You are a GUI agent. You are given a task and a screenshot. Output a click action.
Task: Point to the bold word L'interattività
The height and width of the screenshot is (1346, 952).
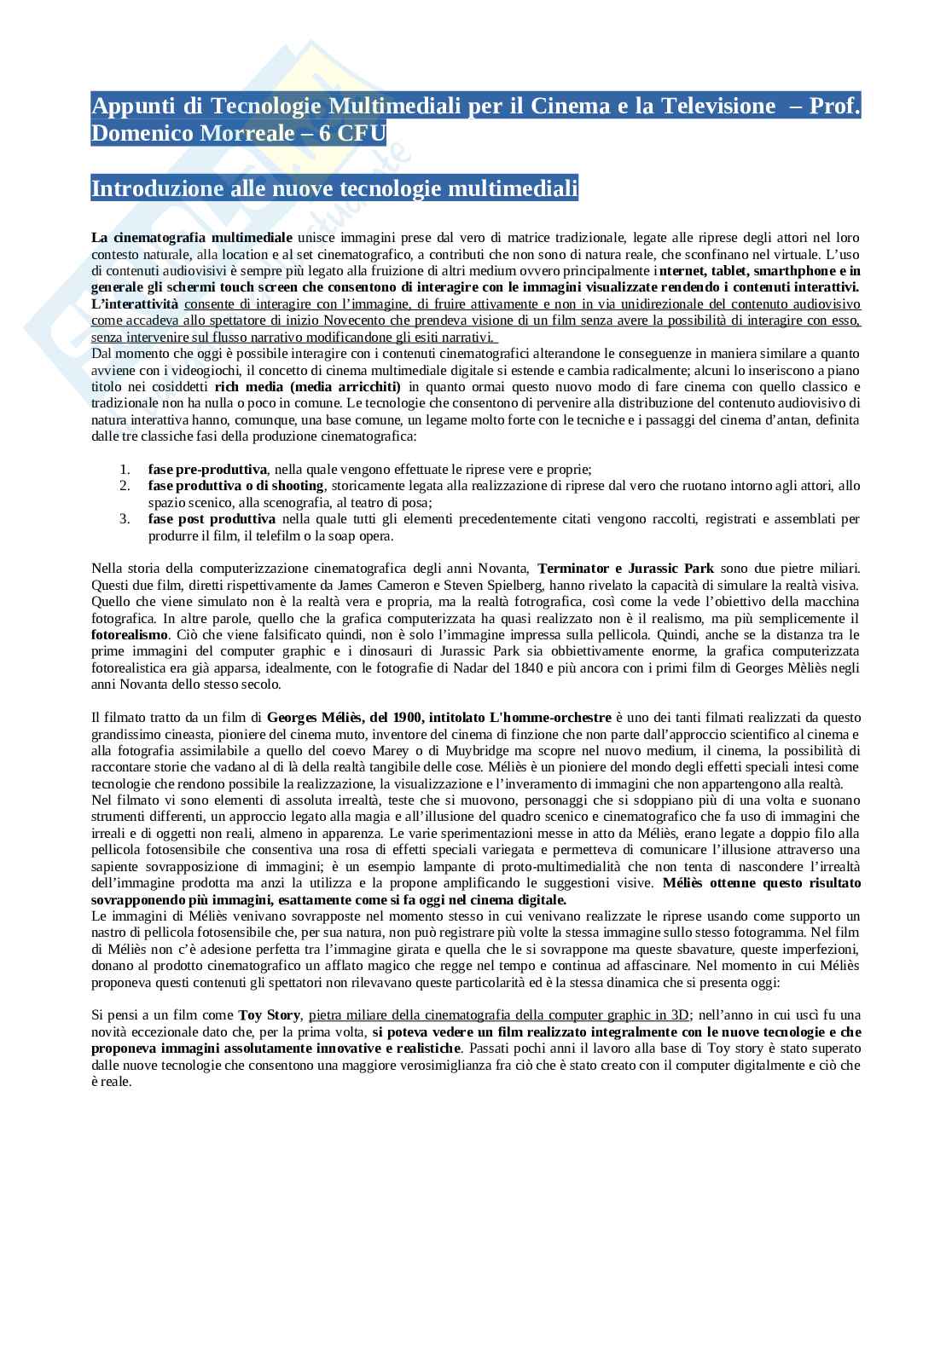135,303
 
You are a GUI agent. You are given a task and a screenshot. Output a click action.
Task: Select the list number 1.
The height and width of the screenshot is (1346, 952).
125,469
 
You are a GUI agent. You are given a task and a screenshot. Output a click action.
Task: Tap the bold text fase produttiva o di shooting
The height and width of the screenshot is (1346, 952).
235,485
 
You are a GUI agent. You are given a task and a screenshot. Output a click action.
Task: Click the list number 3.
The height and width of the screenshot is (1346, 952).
125,518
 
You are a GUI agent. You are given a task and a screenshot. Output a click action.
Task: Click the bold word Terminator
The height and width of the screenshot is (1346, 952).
573,569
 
